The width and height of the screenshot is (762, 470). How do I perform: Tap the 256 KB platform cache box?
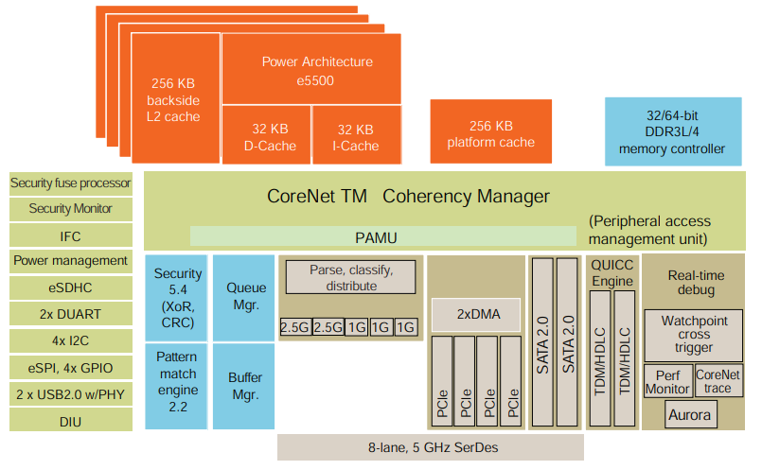490,133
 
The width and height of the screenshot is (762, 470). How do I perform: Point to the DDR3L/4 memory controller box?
672,131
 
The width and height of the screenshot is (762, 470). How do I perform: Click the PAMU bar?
382,236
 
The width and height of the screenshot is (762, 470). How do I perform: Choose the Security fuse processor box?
70,183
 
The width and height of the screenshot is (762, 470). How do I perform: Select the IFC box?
70,235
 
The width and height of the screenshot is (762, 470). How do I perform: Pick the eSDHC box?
70,287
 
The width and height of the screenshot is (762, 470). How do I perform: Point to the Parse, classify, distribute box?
351,277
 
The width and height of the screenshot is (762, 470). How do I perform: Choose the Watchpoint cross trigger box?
694,334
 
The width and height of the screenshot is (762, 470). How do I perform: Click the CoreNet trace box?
718,380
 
